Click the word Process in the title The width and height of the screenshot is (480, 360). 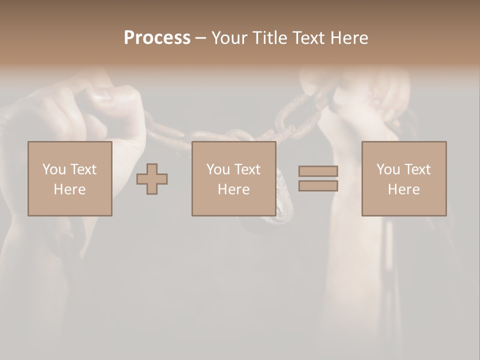click(157, 38)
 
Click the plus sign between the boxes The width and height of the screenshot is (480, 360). click(152, 179)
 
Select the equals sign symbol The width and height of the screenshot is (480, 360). click(318, 178)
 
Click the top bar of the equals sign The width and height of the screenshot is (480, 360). click(318, 171)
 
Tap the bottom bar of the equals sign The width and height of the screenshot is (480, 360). click(318, 185)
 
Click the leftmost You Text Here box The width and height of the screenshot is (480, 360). click(70, 179)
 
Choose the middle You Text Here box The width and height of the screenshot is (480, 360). click(234, 179)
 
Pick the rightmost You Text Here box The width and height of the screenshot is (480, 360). click(404, 179)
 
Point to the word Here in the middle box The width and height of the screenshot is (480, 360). click(234, 189)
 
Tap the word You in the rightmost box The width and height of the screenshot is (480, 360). click(388, 169)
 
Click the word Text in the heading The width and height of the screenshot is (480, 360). click(307, 38)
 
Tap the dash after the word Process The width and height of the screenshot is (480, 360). click(200, 38)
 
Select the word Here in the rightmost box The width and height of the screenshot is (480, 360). click(404, 189)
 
